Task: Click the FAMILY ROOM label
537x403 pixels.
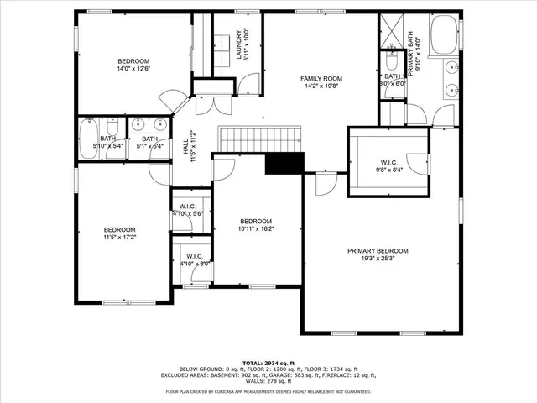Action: click(321, 78)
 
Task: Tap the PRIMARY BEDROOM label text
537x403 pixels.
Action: click(378, 251)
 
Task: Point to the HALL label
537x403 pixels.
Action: click(186, 146)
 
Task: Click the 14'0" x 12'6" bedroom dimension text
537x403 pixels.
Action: click(133, 70)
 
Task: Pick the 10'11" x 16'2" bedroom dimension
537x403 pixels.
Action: click(256, 228)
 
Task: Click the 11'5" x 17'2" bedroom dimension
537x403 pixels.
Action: click(119, 238)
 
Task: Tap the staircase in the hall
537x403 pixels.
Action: click(259, 139)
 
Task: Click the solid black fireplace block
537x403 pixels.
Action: click(283, 163)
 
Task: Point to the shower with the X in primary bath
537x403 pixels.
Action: click(393, 30)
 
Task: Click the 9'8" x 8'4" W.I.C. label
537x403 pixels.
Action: click(388, 165)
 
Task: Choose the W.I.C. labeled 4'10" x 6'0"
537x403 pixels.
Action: click(194, 259)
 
